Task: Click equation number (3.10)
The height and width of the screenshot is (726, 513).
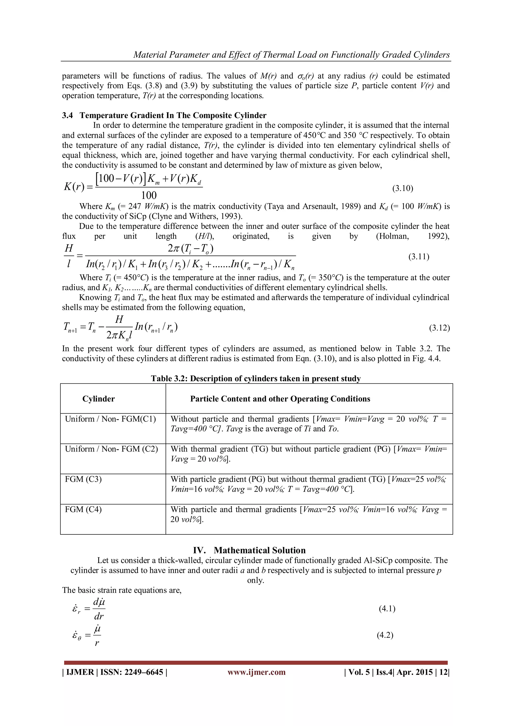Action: [x=403, y=188]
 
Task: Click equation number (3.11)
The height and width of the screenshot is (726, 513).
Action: [x=419, y=257]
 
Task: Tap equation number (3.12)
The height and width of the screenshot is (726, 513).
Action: [x=439, y=328]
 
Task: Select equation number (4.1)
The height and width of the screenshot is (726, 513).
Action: [x=387, y=609]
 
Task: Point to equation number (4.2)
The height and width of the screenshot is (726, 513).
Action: [x=385, y=635]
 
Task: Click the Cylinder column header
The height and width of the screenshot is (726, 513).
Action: [x=98, y=399]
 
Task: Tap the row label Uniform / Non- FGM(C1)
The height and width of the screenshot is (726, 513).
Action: [x=110, y=419]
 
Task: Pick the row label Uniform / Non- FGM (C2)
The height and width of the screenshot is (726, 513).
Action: [x=111, y=449]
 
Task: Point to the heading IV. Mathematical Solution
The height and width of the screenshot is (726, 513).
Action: [x=249, y=550]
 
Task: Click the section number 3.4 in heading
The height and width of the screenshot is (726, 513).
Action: [x=67, y=115]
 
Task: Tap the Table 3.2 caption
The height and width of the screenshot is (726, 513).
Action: [x=255, y=378]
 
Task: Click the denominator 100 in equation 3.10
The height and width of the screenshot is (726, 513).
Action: [x=149, y=195]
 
